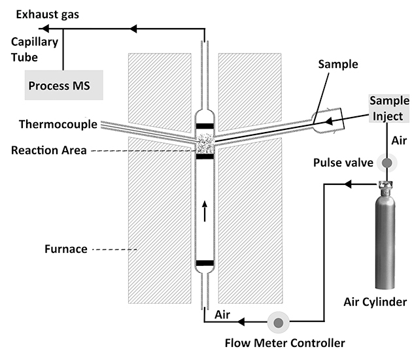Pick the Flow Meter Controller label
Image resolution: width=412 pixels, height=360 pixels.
click(x=284, y=342)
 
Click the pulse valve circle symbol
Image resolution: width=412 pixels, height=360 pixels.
click(x=386, y=163)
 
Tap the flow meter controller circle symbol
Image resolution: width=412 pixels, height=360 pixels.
click(x=279, y=321)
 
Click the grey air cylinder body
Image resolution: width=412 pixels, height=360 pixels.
click(x=386, y=242)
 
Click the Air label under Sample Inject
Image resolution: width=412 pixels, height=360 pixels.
click(x=398, y=140)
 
